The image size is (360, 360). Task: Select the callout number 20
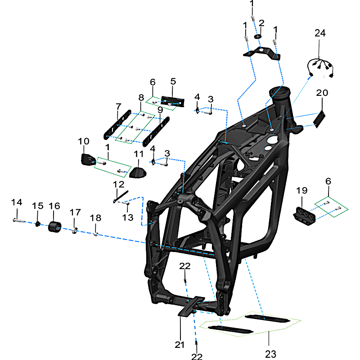tap(322, 93)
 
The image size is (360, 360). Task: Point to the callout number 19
tap(301, 191)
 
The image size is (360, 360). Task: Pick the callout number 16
tap(54, 206)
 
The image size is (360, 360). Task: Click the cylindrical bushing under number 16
tap(55, 226)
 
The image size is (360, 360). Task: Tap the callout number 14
tap(17, 202)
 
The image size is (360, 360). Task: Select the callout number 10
tap(84, 141)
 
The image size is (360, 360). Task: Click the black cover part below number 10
tap(87, 160)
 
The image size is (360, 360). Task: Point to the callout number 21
tap(180, 345)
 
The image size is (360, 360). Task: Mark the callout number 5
tap(173, 82)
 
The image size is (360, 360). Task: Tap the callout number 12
tap(118, 184)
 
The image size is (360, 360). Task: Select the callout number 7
tap(118, 107)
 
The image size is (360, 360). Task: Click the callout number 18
tap(95, 218)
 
